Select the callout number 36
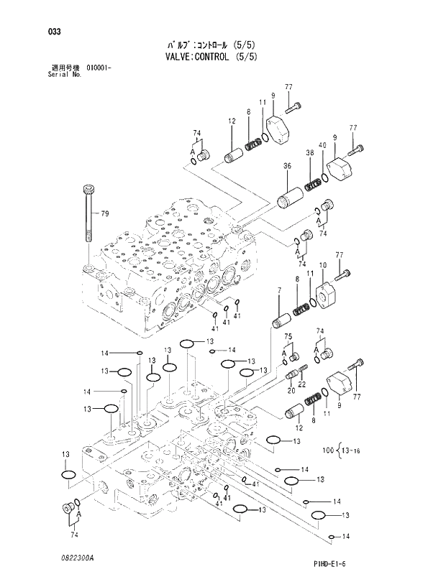coord(287,166)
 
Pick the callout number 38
coord(309,153)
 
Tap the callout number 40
coord(323,146)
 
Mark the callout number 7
coord(278,290)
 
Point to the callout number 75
coord(287,337)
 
